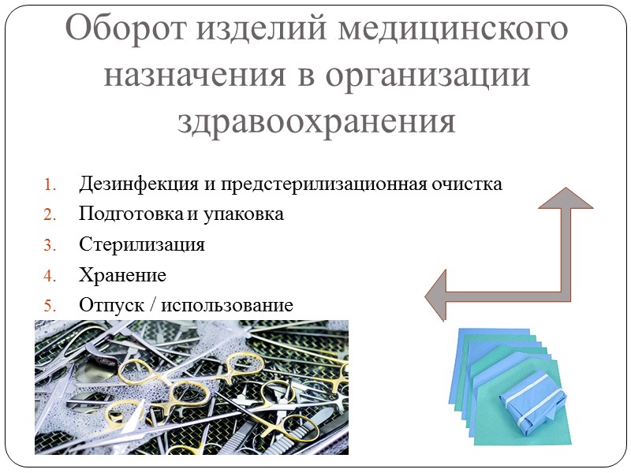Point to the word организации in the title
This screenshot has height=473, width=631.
tap(426, 75)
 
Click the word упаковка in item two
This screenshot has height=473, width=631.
tap(245, 214)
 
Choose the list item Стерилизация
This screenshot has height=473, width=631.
tap(142, 244)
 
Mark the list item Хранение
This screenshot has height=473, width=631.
tap(122, 275)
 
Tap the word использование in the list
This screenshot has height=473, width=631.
tap(227, 305)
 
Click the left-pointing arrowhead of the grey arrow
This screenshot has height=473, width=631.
tap(438, 294)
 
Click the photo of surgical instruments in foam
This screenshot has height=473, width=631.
tap(192, 387)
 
